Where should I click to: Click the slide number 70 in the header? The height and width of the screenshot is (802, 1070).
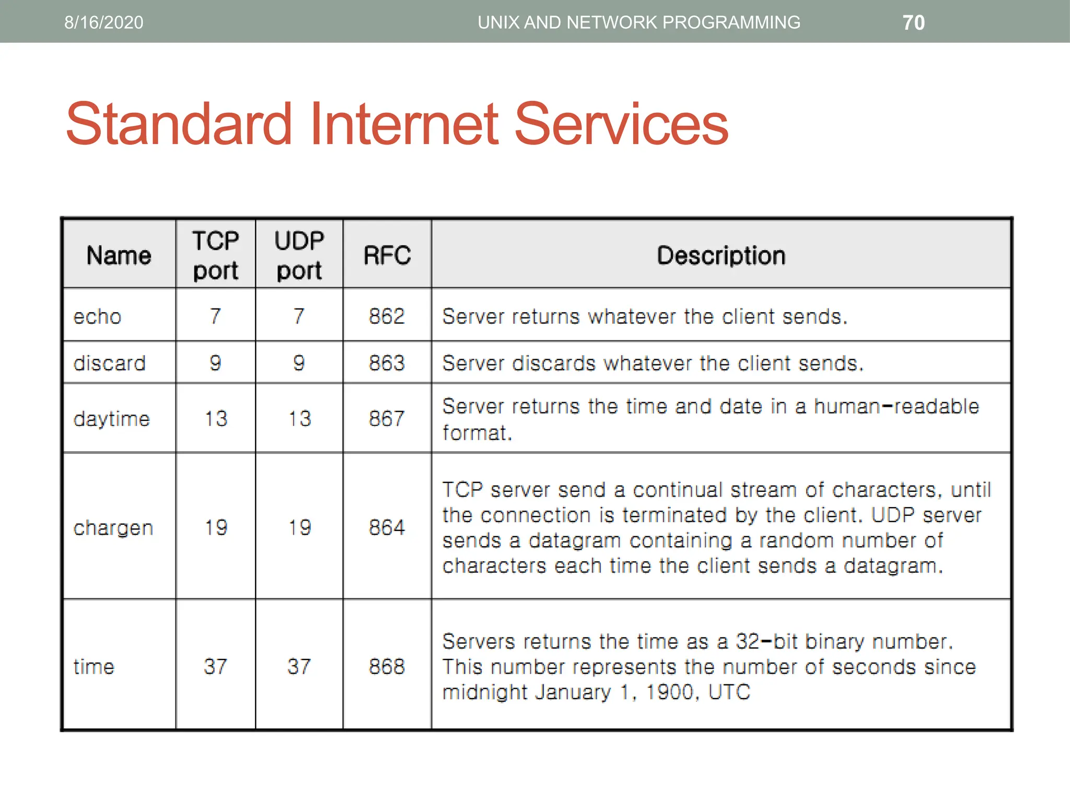(913, 22)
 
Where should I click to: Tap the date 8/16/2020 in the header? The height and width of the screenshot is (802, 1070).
(103, 22)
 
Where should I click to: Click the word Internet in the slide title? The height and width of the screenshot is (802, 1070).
(404, 124)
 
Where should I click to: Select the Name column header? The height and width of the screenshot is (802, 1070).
(119, 255)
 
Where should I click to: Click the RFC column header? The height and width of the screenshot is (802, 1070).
(387, 255)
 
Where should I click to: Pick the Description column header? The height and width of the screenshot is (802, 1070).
(721, 255)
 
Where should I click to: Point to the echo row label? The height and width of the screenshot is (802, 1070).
(98, 316)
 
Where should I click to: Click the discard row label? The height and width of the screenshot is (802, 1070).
(109, 363)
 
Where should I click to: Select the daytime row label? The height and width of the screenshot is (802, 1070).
(111, 419)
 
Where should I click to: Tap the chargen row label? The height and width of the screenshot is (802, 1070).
(113, 527)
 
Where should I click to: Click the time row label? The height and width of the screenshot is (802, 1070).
(94, 666)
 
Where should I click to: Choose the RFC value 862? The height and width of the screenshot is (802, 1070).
(387, 316)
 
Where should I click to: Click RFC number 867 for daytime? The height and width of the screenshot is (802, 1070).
(387, 418)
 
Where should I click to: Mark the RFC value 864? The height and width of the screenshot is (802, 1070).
(387, 527)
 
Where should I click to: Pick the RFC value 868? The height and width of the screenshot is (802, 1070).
(387, 666)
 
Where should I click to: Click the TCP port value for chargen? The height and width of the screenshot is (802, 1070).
(216, 527)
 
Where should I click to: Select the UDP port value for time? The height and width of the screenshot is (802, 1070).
(299, 666)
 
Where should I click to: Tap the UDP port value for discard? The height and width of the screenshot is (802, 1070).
(299, 362)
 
